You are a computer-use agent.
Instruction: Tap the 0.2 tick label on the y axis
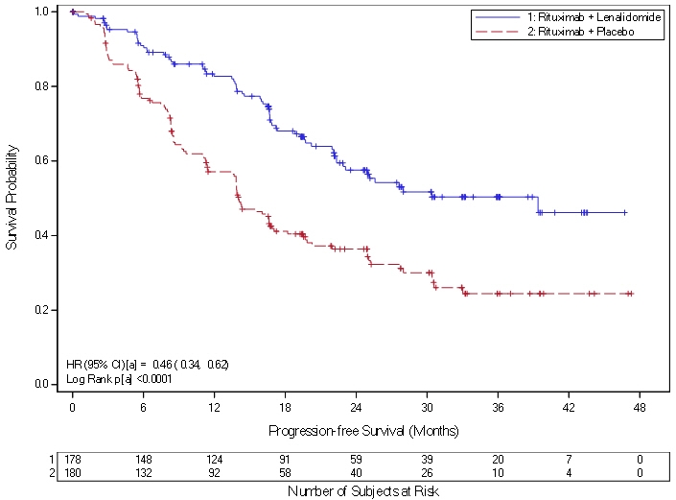[40, 310]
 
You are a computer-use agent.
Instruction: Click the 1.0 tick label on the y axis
[40, 12]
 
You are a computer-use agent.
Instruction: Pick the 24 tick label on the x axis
[356, 408]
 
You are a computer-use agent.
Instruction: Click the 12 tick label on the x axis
[214, 408]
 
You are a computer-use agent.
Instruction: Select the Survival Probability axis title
[12, 198]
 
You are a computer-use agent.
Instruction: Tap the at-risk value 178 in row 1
[73, 460]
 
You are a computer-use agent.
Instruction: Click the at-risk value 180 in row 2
[73, 473]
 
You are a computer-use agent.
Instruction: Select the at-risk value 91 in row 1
[285, 460]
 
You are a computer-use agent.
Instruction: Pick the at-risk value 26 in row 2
[427, 473]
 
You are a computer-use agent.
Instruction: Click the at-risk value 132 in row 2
[143, 473]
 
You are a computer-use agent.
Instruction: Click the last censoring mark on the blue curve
[625, 212]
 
